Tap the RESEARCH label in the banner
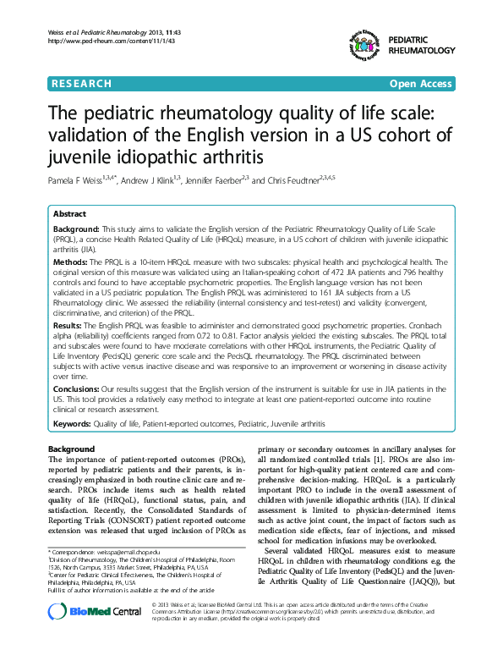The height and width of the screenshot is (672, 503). click(82, 84)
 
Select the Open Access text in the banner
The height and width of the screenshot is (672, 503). click(422, 84)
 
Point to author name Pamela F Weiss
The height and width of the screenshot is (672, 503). click(79, 180)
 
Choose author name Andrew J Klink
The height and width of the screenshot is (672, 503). click(150, 180)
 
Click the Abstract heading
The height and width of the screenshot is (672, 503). click(69, 215)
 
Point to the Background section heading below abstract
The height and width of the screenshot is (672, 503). click(72, 448)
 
